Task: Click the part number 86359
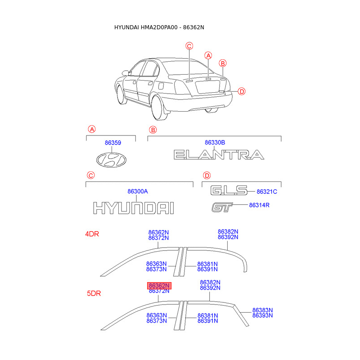tap(113, 143)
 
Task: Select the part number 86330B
tap(215, 143)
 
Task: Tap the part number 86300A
tap(138, 191)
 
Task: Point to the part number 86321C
tap(267, 192)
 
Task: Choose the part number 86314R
tap(259, 205)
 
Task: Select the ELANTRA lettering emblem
tap(219, 155)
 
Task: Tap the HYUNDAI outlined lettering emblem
tap(133, 208)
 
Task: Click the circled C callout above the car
tap(189, 45)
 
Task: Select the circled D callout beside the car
tap(242, 92)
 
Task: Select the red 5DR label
tap(94, 293)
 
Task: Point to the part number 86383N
tap(263, 310)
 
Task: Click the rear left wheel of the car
tap(157, 109)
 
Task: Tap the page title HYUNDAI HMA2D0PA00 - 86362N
tap(159, 27)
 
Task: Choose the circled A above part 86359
tap(91, 130)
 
